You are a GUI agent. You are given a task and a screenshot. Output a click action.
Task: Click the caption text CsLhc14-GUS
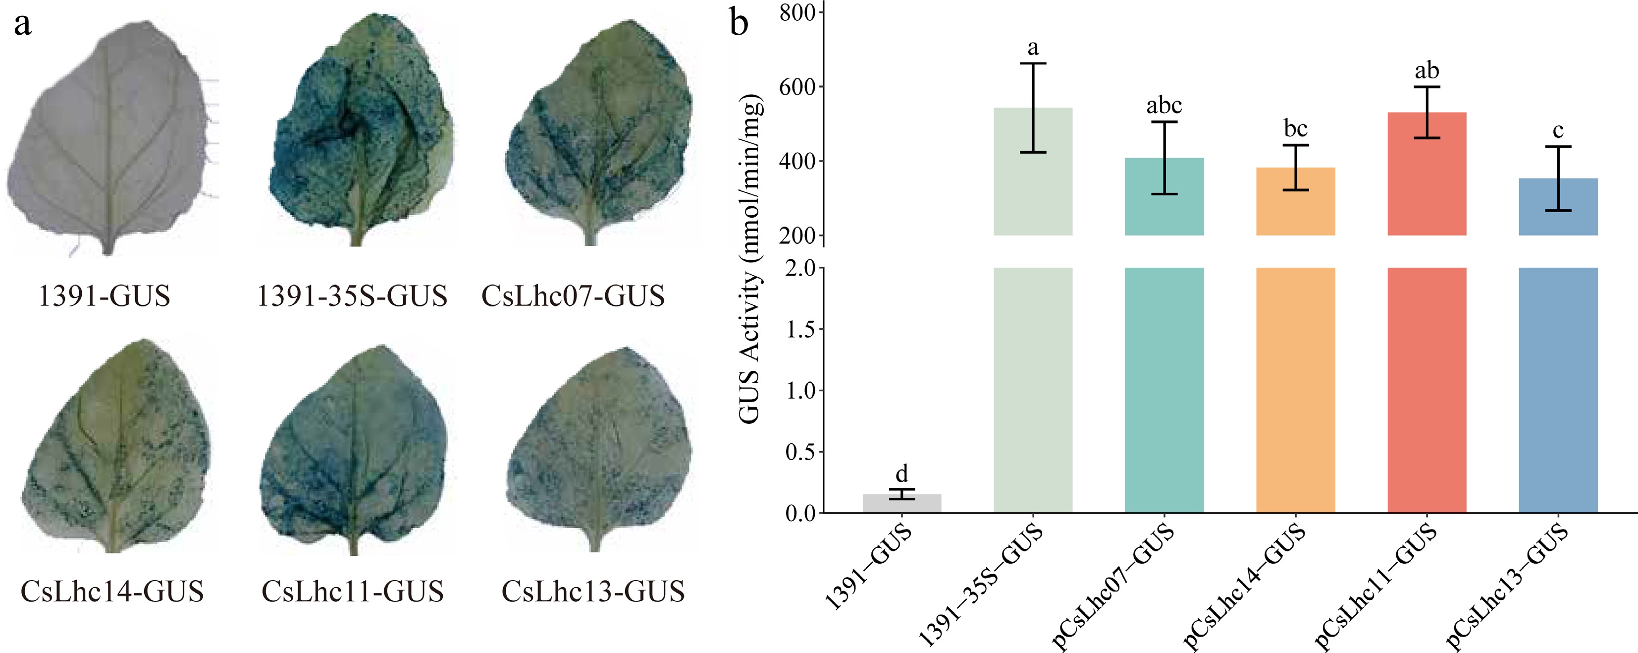tap(112, 591)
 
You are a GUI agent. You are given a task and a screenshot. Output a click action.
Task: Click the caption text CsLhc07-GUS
tap(573, 296)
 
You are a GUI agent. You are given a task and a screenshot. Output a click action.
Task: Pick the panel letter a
tap(23, 25)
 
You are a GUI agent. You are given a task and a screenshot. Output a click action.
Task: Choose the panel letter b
tap(739, 23)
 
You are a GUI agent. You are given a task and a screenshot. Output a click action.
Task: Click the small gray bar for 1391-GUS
tap(901, 503)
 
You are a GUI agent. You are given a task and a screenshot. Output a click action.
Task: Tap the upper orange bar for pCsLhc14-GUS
tap(1295, 202)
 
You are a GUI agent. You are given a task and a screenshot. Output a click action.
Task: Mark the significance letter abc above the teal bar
tap(1163, 106)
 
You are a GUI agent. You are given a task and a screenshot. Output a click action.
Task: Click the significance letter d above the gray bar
tap(901, 474)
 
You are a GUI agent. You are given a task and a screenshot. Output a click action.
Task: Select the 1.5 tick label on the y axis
tap(800, 330)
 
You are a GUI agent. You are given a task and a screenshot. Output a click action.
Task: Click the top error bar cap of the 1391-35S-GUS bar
tap(1033, 63)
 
